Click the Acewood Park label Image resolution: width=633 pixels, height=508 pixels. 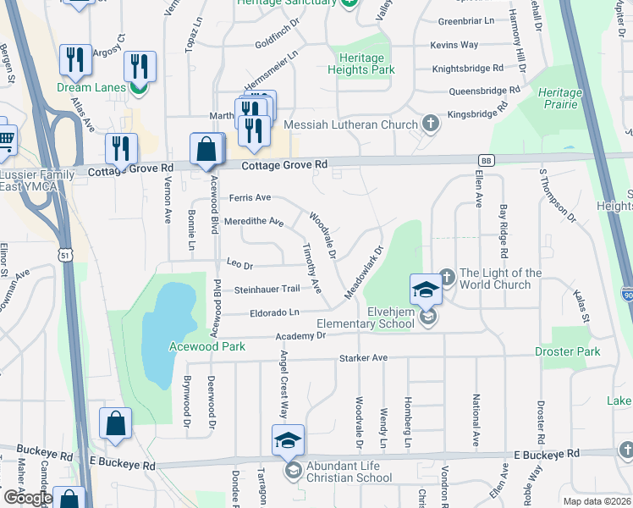pyautogui.click(x=206, y=346)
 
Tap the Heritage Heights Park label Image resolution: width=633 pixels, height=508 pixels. pyautogui.click(x=362, y=63)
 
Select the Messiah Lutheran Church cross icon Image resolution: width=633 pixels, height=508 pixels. pyautogui.click(x=431, y=124)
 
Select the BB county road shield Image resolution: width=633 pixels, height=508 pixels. pyautogui.click(x=486, y=159)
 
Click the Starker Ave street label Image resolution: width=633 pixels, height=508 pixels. pyautogui.click(x=363, y=358)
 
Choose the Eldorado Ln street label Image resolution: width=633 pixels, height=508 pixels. pyautogui.click(x=275, y=312)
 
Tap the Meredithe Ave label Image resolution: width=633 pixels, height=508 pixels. pyautogui.click(x=254, y=222)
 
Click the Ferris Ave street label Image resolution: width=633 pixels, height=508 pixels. pyautogui.click(x=250, y=197)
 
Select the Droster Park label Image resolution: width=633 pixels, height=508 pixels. pyautogui.click(x=567, y=351)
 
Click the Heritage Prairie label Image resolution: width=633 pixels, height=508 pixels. pyautogui.click(x=559, y=98)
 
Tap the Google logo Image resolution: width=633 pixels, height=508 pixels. pyautogui.click(x=27, y=498)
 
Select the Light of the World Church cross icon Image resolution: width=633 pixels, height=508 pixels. pyautogui.click(x=448, y=274)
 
